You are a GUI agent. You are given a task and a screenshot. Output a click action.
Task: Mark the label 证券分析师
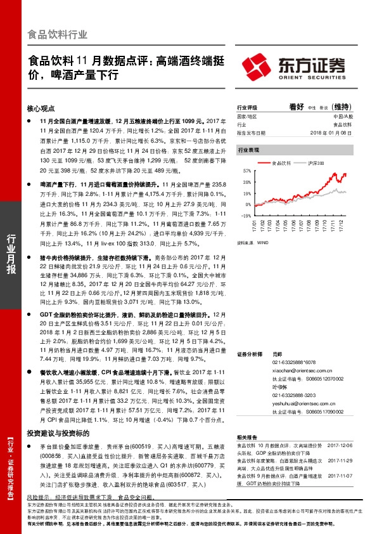[249, 353]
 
